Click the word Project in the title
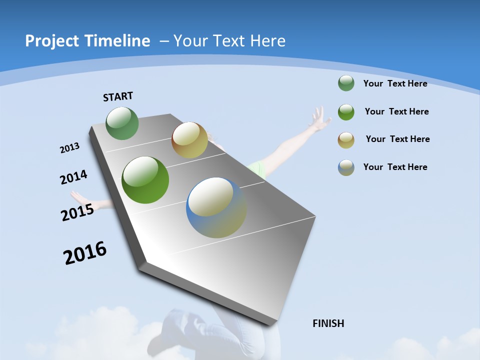(51, 41)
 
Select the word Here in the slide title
(267, 41)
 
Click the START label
(118, 96)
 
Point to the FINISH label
(328, 323)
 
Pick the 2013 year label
(69, 148)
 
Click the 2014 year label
(73, 177)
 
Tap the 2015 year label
(77, 212)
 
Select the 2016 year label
(85, 253)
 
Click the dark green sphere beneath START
(122, 123)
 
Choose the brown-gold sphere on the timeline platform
(189, 140)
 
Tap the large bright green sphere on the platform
(145, 180)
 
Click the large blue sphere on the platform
(216, 207)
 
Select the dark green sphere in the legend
(346, 83)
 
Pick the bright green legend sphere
(346, 112)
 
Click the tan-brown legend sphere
(346, 140)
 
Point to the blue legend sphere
(346, 167)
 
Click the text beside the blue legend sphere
(395, 167)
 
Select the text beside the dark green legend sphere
(395, 83)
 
